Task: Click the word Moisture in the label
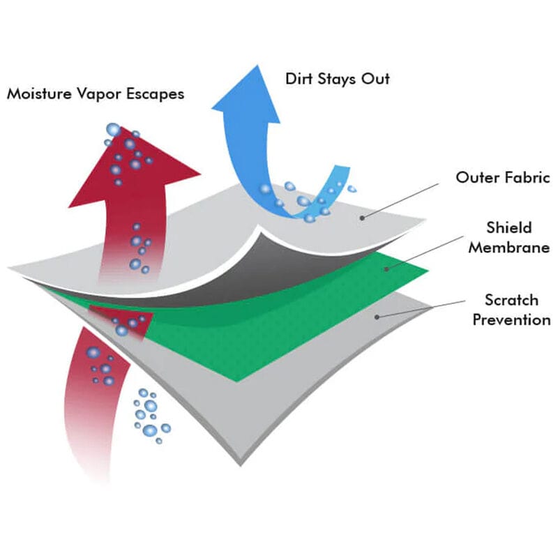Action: [38, 93]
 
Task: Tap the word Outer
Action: [477, 177]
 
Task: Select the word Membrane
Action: [509, 248]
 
